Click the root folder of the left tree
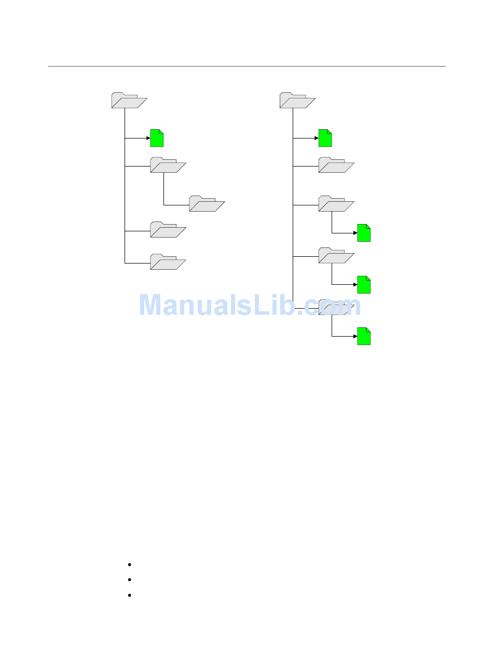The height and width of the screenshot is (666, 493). point(129,101)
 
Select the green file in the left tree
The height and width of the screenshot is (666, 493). point(157,138)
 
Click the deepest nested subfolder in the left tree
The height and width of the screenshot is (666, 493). point(207,204)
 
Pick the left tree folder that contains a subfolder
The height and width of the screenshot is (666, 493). point(168,165)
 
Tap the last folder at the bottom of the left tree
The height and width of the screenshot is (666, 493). point(168,262)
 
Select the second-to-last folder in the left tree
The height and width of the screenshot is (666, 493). point(168,230)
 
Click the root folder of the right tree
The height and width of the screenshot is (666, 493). point(297,101)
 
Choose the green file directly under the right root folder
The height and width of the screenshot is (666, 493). point(325,138)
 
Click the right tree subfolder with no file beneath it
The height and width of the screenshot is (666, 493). point(336,165)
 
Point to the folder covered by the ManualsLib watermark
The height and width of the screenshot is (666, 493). point(336,308)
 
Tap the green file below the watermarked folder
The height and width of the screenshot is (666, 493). point(364,337)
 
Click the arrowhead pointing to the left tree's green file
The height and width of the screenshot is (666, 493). point(147,138)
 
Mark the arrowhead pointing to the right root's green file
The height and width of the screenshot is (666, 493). point(316,138)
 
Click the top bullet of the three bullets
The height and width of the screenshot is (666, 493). point(129,564)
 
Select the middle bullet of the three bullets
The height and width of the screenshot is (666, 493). point(129,579)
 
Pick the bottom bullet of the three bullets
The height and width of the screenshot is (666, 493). point(129,595)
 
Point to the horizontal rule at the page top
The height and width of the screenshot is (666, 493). point(246,66)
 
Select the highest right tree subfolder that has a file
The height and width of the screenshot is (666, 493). point(336,204)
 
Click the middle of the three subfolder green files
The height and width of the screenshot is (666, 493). point(364,285)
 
